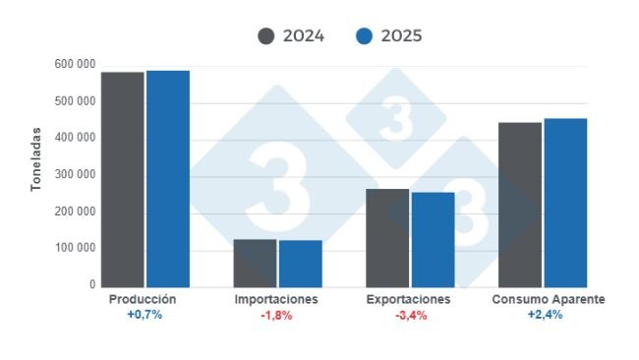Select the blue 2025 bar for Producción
167,178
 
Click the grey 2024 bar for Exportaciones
387,237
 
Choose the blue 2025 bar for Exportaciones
433,239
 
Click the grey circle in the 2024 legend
266,36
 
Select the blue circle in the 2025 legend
364,36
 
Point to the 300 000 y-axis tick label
75,175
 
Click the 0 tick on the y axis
90,285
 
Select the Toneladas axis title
35,157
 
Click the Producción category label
144,299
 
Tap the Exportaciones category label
408,299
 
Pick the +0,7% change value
144,315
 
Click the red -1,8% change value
277,315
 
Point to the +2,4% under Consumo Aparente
544,315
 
